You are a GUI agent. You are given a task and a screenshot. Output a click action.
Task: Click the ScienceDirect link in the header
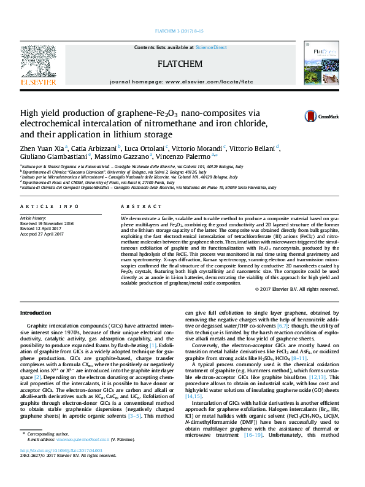(x=212, y=47)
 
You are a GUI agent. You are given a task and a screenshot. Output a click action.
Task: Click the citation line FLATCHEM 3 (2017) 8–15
(x=182, y=31)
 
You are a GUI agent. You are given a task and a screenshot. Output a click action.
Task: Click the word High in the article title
(x=31, y=113)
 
